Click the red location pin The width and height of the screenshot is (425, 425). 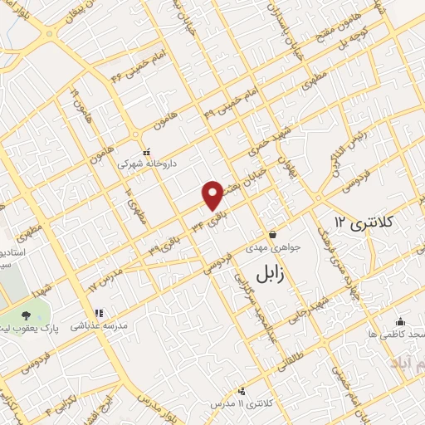pyautogui.click(x=213, y=194)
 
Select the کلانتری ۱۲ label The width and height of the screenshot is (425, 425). pyautogui.click(x=366, y=222)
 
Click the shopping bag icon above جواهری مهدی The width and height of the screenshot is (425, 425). pyautogui.click(x=273, y=234)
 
